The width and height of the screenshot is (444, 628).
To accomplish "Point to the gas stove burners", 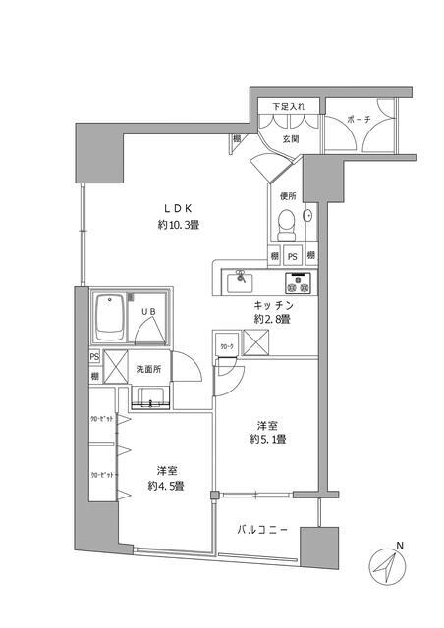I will coord(298,285).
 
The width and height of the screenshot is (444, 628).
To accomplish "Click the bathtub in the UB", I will coord(107,317).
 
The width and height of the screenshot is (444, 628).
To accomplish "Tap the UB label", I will coord(149,311).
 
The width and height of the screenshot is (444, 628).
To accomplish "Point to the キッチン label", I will coord(273,304).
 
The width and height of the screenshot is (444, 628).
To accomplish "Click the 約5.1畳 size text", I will coord(266,439).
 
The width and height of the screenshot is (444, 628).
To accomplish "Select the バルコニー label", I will coord(263,530).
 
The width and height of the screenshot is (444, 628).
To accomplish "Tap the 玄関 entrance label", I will coord(291,139).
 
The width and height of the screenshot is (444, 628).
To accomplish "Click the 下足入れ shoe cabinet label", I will coord(289,105).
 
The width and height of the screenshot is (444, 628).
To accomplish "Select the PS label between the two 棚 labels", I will coord(292,256).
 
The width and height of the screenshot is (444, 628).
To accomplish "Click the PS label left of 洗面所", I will coord(94,357).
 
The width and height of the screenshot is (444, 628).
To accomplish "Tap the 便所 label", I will coord(288,196).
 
